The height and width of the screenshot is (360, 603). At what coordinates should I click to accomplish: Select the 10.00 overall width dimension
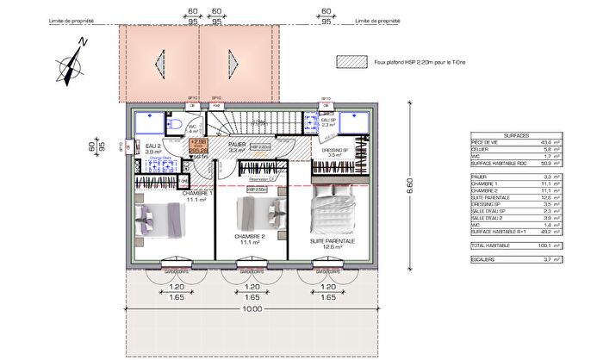pyautogui.click(x=252, y=308)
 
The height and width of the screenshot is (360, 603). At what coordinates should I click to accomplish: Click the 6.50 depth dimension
pyautogui.click(x=410, y=184)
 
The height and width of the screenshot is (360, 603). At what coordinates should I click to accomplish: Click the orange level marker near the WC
pyautogui.click(x=198, y=142)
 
